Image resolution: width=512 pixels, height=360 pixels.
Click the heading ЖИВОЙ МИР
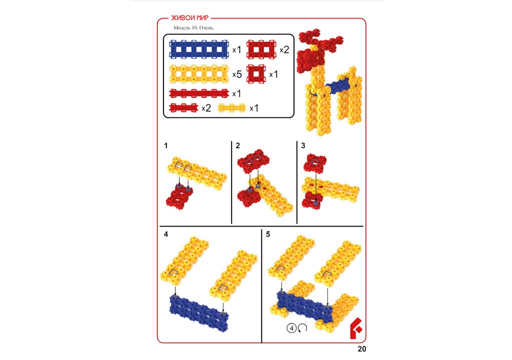[x=189, y=18]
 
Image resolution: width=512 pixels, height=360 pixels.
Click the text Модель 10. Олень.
[x=193, y=28]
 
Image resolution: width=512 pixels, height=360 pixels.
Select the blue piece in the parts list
[x=199, y=49]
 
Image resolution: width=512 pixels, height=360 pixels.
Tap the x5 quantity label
[x=236, y=74]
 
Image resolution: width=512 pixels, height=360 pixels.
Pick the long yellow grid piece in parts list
[x=199, y=74]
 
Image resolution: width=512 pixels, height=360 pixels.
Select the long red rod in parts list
[x=199, y=93]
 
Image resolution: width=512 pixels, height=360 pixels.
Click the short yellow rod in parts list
[x=231, y=108]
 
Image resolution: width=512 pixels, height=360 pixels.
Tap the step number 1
[x=166, y=145]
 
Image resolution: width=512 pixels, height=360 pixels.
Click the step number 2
[x=237, y=145]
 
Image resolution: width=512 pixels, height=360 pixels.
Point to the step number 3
[x=303, y=145]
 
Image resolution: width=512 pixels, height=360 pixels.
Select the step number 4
[x=166, y=234]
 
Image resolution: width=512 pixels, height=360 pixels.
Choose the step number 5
[x=268, y=234]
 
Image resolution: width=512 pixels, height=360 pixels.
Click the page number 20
[x=362, y=349]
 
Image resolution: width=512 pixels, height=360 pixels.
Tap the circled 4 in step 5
[x=291, y=327]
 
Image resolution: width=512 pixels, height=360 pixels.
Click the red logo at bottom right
[x=356, y=328]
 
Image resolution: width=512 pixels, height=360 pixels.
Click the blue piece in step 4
[x=199, y=312]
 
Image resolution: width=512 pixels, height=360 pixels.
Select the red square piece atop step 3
[x=315, y=163]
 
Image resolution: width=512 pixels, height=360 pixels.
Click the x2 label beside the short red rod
[x=206, y=108]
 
